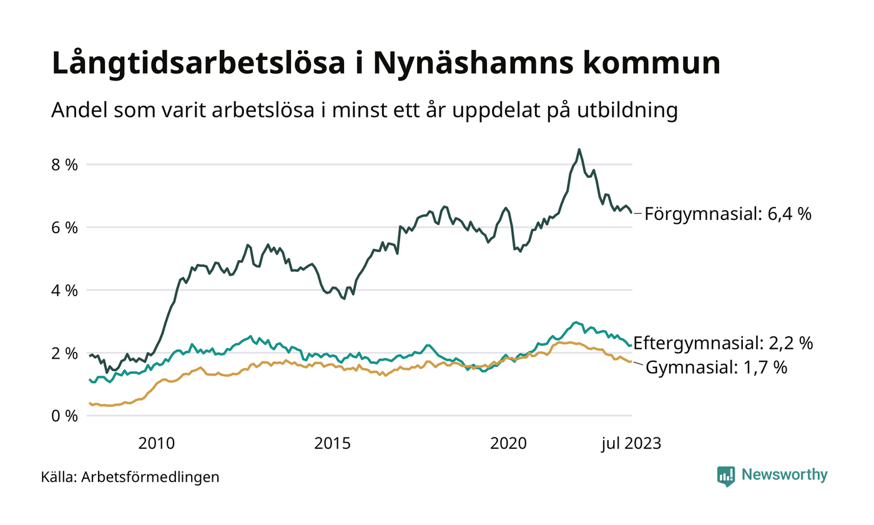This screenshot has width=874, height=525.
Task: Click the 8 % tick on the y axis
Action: click(x=64, y=165)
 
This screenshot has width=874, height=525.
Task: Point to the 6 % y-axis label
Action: click(x=64, y=227)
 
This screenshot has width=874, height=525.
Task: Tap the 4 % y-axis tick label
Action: click(x=64, y=291)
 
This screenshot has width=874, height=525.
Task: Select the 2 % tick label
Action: click(x=64, y=353)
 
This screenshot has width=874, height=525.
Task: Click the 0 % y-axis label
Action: click(x=64, y=416)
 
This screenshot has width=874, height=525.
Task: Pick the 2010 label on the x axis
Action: click(x=156, y=444)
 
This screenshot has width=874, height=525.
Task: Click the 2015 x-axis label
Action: click(x=333, y=444)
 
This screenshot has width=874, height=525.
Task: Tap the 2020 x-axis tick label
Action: click(x=509, y=444)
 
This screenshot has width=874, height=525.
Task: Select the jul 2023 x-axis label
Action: click(x=631, y=444)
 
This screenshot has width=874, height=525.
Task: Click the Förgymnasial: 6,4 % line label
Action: click(x=728, y=214)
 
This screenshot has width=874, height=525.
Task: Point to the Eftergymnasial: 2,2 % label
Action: click(x=723, y=342)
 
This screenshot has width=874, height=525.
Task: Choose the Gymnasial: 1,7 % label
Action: click(x=716, y=367)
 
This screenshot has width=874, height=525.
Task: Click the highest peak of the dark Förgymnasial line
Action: click(x=579, y=149)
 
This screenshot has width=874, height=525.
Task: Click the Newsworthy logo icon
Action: click(x=726, y=476)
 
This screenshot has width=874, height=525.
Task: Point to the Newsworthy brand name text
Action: click(x=785, y=475)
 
